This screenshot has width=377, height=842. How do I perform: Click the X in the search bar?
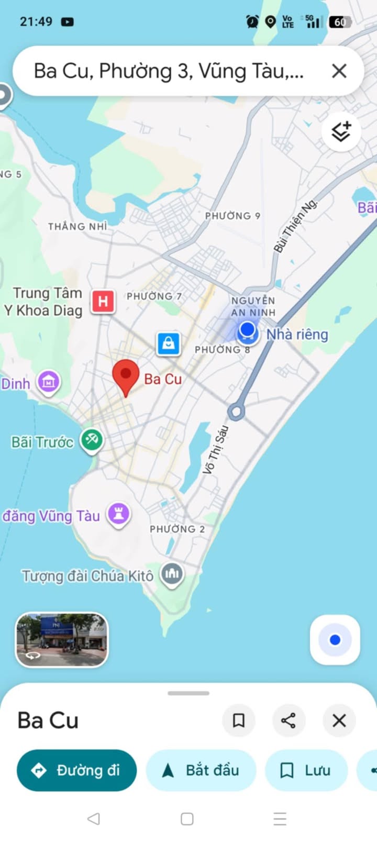(339, 71)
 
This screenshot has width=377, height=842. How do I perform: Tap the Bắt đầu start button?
(201, 770)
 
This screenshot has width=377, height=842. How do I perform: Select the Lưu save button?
(306, 770)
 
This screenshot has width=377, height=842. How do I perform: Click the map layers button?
(341, 131)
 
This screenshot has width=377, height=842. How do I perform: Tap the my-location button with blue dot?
(335, 640)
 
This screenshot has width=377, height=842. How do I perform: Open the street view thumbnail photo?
(62, 640)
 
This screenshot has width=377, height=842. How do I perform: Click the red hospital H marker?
(103, 302)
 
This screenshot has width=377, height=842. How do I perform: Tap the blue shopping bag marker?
(169, 344)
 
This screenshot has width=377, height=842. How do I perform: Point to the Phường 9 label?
(232, 216)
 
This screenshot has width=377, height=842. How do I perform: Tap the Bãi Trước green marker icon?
(92, 440)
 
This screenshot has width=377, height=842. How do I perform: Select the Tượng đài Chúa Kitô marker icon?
(172, 574)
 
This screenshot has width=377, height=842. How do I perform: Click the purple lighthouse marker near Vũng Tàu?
(119, 514)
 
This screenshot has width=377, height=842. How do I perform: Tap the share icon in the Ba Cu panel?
(289, 721)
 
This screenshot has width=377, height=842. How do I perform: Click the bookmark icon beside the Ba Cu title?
(239, 721)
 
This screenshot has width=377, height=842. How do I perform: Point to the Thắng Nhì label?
(77, 227)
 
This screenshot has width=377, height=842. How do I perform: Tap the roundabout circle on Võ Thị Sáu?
(236, 412)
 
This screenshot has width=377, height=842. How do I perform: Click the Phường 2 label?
(178, 529)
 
